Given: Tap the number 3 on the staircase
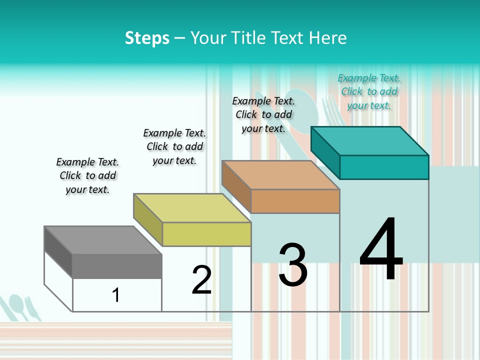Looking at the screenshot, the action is (x=293, y=265).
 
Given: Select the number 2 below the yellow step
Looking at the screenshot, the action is (x=201, y=280).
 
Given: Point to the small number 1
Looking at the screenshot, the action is (x=116, y=295).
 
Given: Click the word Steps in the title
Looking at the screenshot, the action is (x=147, y=38).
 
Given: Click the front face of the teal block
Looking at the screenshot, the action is (x=384, y=167).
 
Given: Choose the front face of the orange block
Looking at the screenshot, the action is (x=295, y=201).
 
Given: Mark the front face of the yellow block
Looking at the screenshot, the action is (x=206, y=234).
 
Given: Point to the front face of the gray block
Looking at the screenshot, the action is (x=117, y=266).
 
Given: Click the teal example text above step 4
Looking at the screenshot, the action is (x=369, y=91).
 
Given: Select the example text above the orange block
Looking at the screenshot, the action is (x=263, y=114).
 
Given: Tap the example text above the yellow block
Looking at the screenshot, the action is (x=174, y=146).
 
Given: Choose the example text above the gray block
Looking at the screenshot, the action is (x=87, y=175).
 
